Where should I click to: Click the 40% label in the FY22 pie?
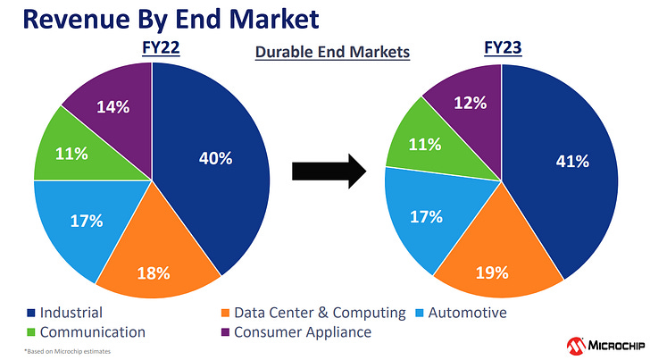(x=215, y=158)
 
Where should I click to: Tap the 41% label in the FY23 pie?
(x=571, y=162)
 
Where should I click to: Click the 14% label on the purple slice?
(x=112, y=107)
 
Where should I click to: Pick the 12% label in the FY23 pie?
(x=469, y=103)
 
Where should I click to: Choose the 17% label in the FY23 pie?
(x=426, y=216)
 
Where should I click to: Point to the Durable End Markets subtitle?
(x=332, y=52)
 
